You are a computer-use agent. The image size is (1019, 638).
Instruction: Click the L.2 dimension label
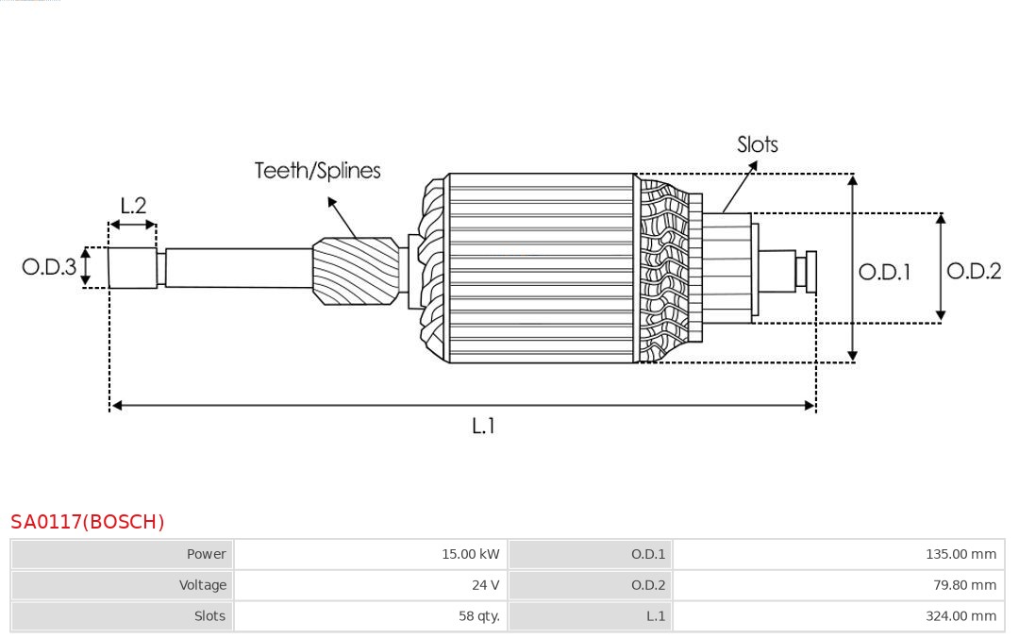(133, 206)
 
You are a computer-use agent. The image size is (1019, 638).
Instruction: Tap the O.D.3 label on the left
(49, 267)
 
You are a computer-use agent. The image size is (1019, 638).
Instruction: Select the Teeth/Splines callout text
(317, 171)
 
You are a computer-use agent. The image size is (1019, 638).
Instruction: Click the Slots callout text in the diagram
(757, 144)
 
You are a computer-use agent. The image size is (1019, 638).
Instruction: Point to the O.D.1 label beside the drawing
(884, 273)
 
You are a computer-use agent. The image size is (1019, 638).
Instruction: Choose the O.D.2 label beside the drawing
(974, 272)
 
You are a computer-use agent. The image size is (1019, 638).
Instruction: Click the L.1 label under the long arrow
(483, 427)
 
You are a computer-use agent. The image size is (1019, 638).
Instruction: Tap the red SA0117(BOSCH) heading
(88, 522)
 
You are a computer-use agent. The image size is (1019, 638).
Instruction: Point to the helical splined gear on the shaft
(356, 270)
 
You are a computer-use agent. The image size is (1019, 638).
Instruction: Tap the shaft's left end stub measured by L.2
(132, 268)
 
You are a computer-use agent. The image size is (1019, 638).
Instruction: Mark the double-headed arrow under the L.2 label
(133, 225)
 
